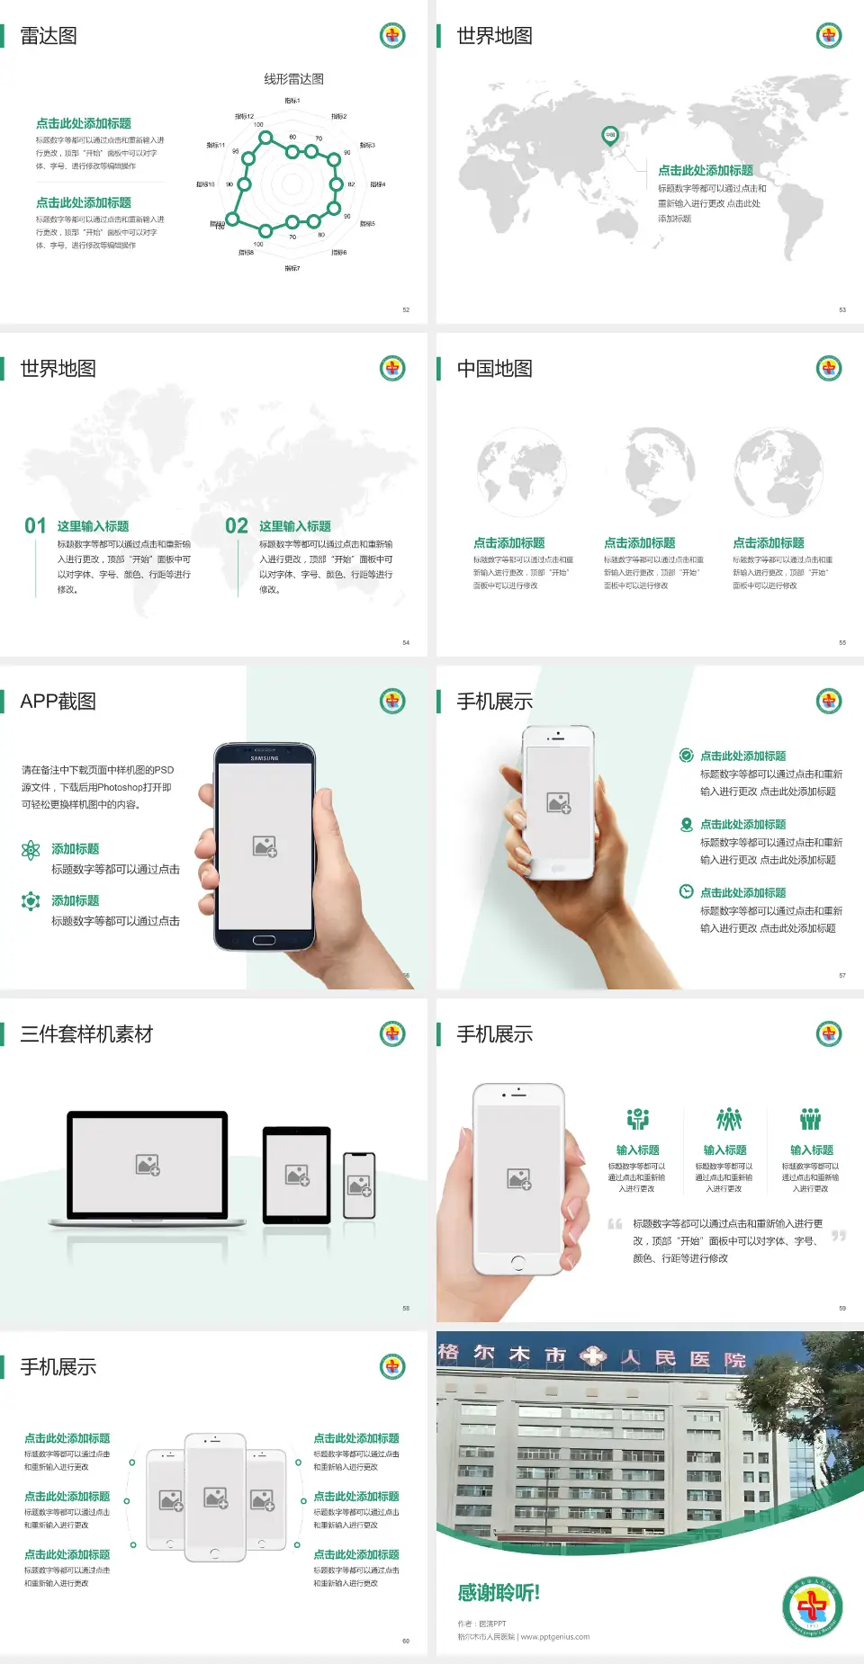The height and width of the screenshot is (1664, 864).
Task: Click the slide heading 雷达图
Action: pos(49,36)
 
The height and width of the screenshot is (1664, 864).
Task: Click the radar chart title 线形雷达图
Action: pos(293,79)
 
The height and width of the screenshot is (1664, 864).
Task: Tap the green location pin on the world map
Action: pos(609,136)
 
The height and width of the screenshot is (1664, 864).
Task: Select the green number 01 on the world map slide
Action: pos(35,526)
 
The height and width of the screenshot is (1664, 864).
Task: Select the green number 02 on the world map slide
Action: pos(237,526)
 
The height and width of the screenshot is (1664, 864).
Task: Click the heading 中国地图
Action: pos(494,369)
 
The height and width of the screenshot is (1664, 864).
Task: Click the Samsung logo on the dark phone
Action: pos(265,758)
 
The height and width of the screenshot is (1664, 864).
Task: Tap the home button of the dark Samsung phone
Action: pos(264,940)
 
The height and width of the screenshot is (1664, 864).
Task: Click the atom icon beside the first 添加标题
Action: pos(31,850)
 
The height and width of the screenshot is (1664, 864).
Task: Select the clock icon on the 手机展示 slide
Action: pos(686,891)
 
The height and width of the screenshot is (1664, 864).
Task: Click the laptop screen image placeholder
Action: pos(148,1165)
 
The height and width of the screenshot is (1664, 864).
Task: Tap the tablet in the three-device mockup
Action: pos(297,1174)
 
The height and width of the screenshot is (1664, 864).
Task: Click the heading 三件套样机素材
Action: pos(86,1034)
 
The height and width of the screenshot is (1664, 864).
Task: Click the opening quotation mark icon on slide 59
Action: pos(615,1224)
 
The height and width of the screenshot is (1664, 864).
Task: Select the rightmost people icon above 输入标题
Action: pos(810,1119)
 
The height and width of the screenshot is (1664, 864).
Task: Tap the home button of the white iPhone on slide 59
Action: pos(517,1263)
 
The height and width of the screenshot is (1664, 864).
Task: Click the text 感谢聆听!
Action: pos(499,1593)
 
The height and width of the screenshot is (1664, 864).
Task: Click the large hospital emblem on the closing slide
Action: pos(812,1607)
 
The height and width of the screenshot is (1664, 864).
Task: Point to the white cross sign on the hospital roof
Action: pos(593,1356)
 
